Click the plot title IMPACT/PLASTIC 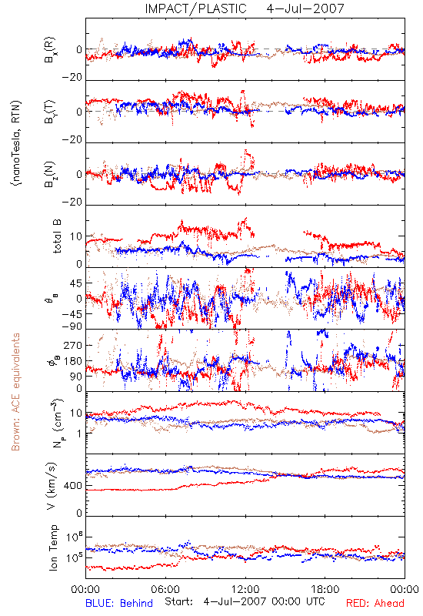pos(195,8)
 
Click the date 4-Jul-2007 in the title pos(305,8)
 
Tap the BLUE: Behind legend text pos(119,603)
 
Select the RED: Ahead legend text pos(375,603)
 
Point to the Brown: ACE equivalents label pos(15,392)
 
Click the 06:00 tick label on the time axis pos(165,589)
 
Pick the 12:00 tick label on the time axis pos(245,589)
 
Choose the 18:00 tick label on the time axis pos(325,589)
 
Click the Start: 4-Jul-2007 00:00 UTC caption pos(245,601)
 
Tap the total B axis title pos(57,236)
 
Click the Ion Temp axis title pos(53,547)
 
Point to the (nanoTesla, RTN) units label pos(16,143)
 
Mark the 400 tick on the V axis pos(72,486)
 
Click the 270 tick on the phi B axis pos(73,345)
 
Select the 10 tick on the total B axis pos(76,236)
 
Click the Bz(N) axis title pos(49,174)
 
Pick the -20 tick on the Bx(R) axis pos(72,78)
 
